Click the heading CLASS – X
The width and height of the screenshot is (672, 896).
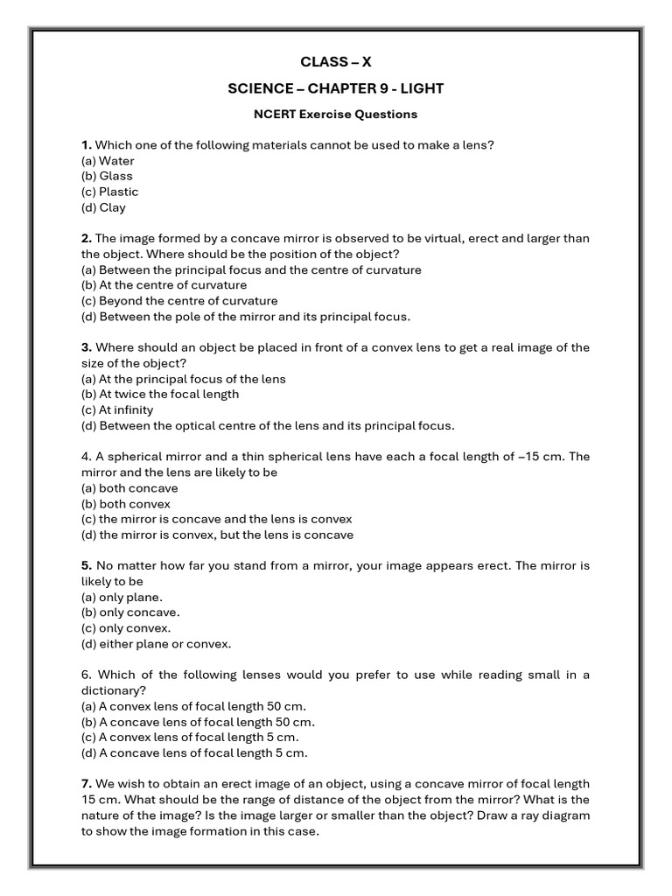click(336, 61)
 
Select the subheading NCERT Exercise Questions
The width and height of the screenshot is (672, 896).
click(336, 114)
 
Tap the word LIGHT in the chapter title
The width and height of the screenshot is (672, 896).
click(423, 87)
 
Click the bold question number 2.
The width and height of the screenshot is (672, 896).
click(86, 239)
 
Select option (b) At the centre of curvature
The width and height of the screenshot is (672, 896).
click(164, 285)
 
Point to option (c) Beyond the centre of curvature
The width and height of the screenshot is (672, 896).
click(179, 301)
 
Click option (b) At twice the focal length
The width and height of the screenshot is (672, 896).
click(160, 395)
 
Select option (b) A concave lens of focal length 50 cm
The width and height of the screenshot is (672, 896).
click(198, 722)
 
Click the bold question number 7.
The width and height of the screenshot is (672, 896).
click(86, 784)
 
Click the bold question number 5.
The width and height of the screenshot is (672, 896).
click(86, 566)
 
